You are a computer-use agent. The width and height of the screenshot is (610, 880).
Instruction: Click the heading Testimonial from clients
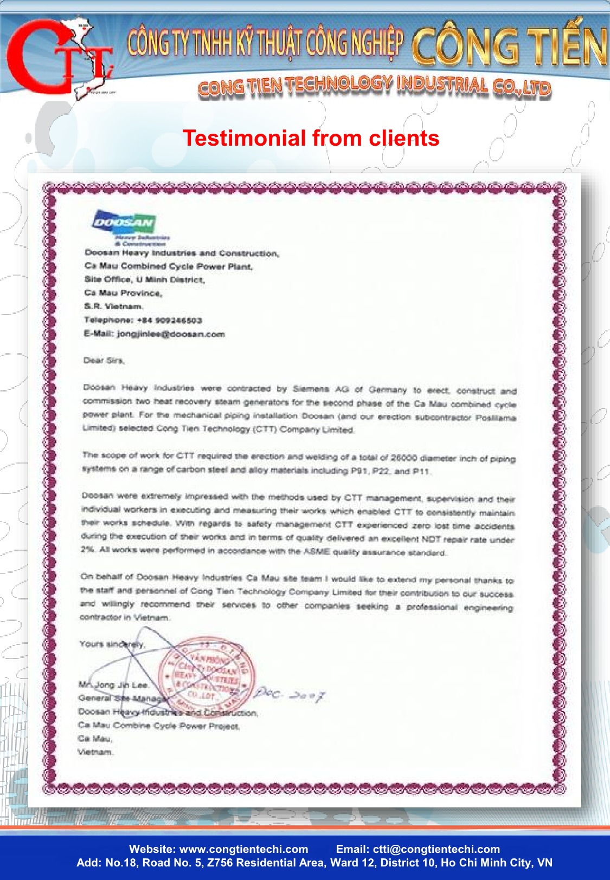tap(311, 138)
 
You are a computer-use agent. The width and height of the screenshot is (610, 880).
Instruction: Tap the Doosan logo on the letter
tap(124, 223)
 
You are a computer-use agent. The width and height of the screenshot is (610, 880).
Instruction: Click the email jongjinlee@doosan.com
tap(170, 334)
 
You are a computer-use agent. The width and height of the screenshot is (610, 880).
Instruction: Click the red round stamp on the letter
tap(206, 674)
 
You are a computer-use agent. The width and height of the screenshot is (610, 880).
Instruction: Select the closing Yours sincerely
tap(112, 644)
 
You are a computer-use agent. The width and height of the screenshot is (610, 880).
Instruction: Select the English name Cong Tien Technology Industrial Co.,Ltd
tap(374, 86)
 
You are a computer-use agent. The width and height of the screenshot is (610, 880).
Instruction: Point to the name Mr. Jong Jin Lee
tap(113, 685)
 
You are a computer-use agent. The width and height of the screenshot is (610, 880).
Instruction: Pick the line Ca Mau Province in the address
tap(123, 293)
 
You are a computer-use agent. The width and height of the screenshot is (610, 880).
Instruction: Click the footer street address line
tap(314, 863)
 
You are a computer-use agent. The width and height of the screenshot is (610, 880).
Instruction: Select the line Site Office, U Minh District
tap(144, 279)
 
